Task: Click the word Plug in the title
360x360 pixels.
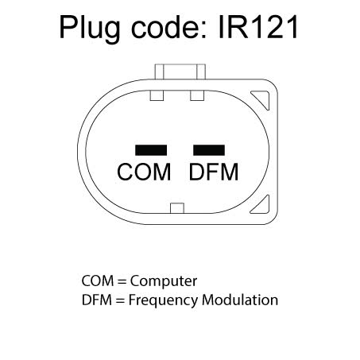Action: click(x=90, y=29)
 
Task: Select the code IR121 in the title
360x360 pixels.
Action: click(x=258, y=27)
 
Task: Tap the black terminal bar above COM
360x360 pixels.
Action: click(x=151, y=150)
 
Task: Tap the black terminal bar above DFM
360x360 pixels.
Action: click(x=209, y=150)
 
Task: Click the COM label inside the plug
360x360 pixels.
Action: click(x=144, y=172)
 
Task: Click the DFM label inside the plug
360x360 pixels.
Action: click(x=214, y=172)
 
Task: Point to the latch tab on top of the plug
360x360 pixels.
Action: click(x=180, y=72)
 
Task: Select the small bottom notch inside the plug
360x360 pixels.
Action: click(x=177, y=208)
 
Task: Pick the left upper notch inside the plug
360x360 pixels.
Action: click(x=157, y=95)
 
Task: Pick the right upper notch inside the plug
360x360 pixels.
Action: click(x=197, y=95)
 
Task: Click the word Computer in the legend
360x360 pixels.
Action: click(x=164, y=281)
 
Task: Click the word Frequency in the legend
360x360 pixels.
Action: click(x=163, y=301)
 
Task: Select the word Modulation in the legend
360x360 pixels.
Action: click(x=240, y=300)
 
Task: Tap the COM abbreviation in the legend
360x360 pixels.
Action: click(x=98, y=281)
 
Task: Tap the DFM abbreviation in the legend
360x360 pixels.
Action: click(x=97, y=300)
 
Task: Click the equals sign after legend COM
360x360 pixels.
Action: click(x=122, y=281)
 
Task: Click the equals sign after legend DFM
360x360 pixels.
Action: click(x=120, y=300)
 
